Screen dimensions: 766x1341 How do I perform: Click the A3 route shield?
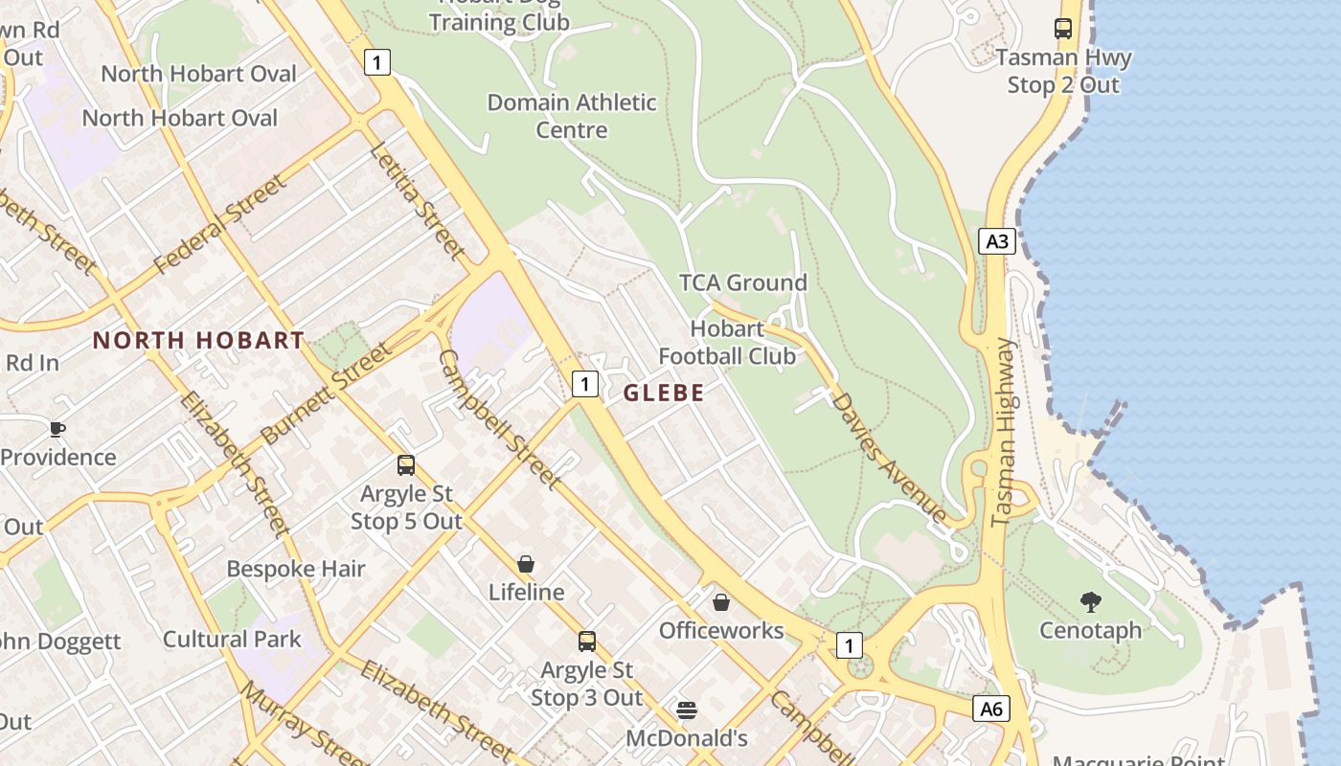997,240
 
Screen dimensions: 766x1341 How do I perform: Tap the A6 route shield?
991,709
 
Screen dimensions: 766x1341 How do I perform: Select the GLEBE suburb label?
664,393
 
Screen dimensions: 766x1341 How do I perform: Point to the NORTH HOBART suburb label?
198,340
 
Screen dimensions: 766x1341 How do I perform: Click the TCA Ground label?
743,282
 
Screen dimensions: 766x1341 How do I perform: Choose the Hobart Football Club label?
727,343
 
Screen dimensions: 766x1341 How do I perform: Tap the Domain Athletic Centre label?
572,116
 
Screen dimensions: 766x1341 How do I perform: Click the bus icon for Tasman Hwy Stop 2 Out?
1063,29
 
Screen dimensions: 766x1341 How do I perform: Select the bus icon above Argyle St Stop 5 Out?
406,465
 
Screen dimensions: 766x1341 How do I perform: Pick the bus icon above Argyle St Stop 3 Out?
586,642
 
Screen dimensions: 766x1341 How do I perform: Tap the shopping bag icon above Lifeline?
525,564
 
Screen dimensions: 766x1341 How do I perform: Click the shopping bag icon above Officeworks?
720,602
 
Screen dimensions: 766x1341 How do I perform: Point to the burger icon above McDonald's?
686,710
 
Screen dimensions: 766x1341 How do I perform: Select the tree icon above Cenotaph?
1090,602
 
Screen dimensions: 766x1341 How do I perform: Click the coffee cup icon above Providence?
57,429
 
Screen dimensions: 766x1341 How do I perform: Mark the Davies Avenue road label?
890,457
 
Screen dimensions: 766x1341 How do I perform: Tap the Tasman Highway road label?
1003,432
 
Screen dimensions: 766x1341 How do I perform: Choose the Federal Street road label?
219,224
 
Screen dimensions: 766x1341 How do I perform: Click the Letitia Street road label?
417,200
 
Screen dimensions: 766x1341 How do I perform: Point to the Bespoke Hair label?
296,569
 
